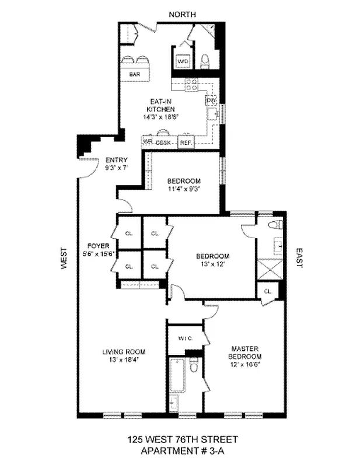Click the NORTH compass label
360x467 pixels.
tap(182, 13)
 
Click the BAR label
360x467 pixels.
tap(135, 74)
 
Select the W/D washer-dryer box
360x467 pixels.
tap(183, 61)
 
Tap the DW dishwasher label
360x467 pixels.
tap(211, 100)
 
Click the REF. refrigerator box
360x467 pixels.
tap(186, 142)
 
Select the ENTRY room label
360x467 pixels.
tap(117, 160)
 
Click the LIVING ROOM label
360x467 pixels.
tap(124, 351)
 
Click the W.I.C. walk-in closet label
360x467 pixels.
tap(186, 338)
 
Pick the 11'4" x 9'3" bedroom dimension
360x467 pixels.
tap(184, 188)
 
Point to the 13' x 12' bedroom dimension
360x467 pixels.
tap(212, 264)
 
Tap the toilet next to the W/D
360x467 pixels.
tap(205, 60)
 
